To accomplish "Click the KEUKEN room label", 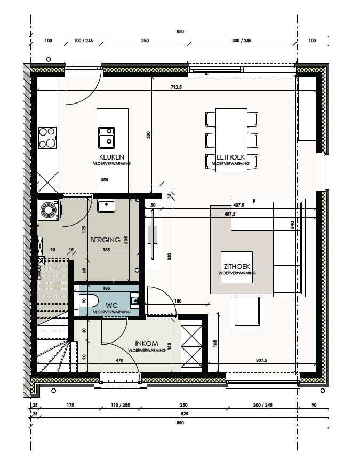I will [x=111, y=157].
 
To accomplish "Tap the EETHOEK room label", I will [x=230, y=157].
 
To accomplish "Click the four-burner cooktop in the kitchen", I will [x=47, y=137].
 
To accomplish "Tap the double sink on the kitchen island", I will [x=106, y=136].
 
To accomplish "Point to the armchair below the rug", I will [x=246, y=312].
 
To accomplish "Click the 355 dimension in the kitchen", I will [x=104, y=180].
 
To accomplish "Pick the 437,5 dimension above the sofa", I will [x=238, y=204].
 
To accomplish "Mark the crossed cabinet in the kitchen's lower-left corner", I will [x=47, y=183].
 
